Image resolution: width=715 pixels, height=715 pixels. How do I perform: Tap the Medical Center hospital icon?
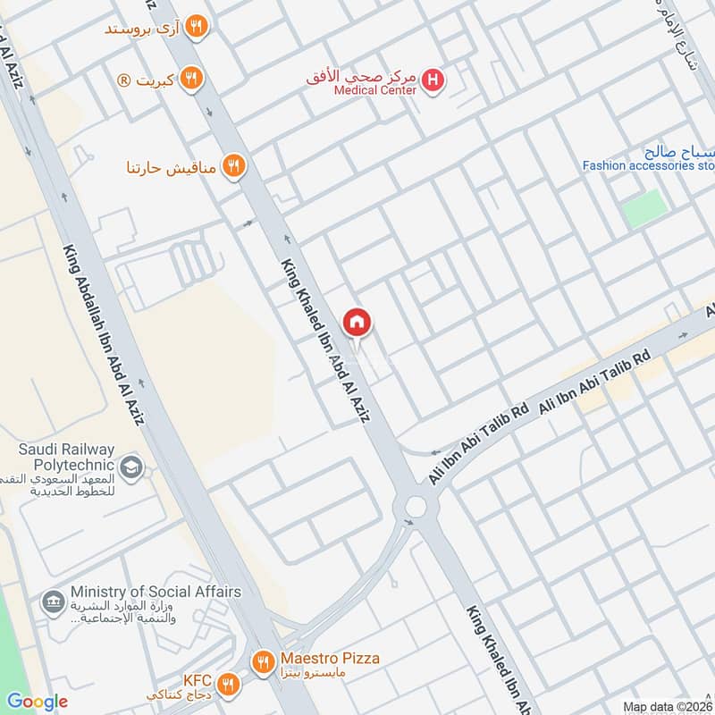[x=434, y=80]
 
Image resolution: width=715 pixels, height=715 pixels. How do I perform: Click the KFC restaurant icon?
[x=229, y=684]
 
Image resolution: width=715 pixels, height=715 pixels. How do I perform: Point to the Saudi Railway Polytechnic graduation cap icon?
[x=131, y=468]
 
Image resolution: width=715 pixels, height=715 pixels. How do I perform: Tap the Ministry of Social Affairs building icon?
[x=53, y=598]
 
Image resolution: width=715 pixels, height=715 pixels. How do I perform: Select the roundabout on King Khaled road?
[x=416, y=508]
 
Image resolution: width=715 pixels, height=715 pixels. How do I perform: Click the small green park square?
[x=644, y=207]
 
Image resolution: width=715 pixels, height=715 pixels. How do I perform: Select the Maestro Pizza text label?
[x=327, y=659]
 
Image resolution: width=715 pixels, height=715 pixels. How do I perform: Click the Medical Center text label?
[x=375, y=89]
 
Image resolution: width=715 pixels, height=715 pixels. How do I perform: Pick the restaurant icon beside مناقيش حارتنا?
[x=233, y=165]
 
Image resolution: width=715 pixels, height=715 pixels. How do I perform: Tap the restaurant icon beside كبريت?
[x=190, y=80]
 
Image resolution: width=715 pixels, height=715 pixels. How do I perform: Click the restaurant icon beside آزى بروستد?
[x=198, y=28]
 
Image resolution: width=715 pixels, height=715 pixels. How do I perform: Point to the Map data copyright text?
[x=667, y=706]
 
